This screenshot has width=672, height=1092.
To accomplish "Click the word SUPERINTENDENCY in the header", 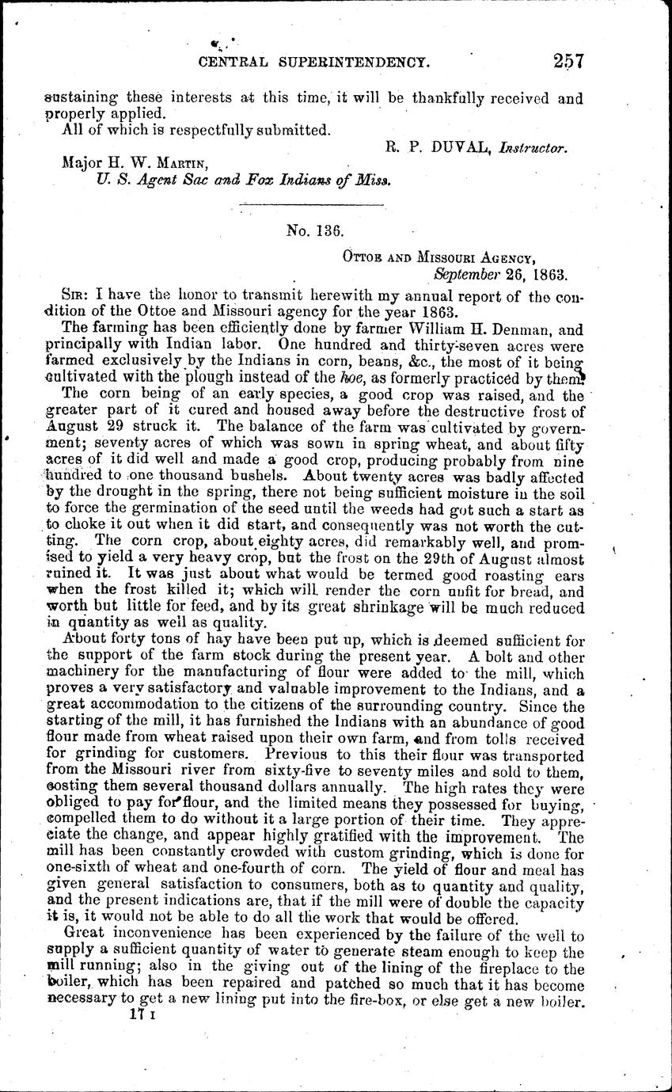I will (x=348, y=61).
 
